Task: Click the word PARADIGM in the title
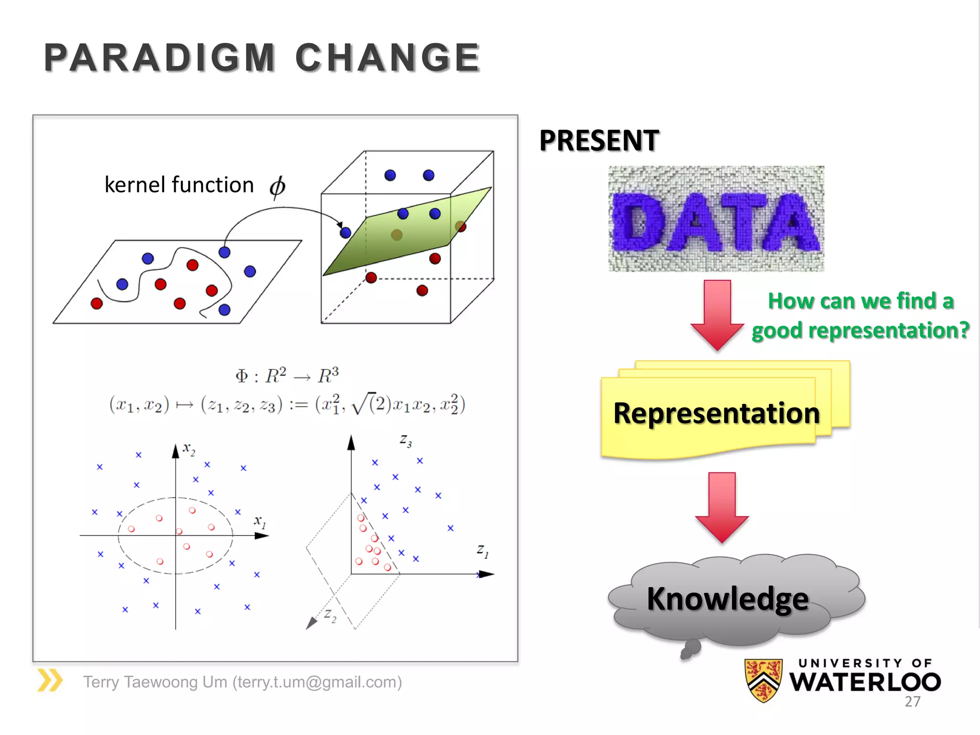click(x=159, y=58)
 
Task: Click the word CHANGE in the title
click(x=388, y=58)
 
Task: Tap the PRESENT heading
click(x=599, y=141)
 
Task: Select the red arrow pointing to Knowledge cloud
click(x=722, y=507)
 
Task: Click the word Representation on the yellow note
click(x=716, y=413)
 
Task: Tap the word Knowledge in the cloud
click(x=727, y=599)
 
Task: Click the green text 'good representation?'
click(x=860, y=331)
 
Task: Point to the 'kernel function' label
click(x=179, y=185)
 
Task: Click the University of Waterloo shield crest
click(x=763, y=679)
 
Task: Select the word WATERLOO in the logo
click(x=865, y=682)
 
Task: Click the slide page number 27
click(x=912, y=702)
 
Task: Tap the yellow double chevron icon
click(x=50, y=680)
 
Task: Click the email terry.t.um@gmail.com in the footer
click(x=317, y=682)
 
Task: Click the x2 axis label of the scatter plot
click(x=189, y=449)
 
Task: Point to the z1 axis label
click(x=482, y=551)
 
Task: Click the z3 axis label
click(x=405, y=440)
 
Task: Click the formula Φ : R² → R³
click(x=287, y=376)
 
